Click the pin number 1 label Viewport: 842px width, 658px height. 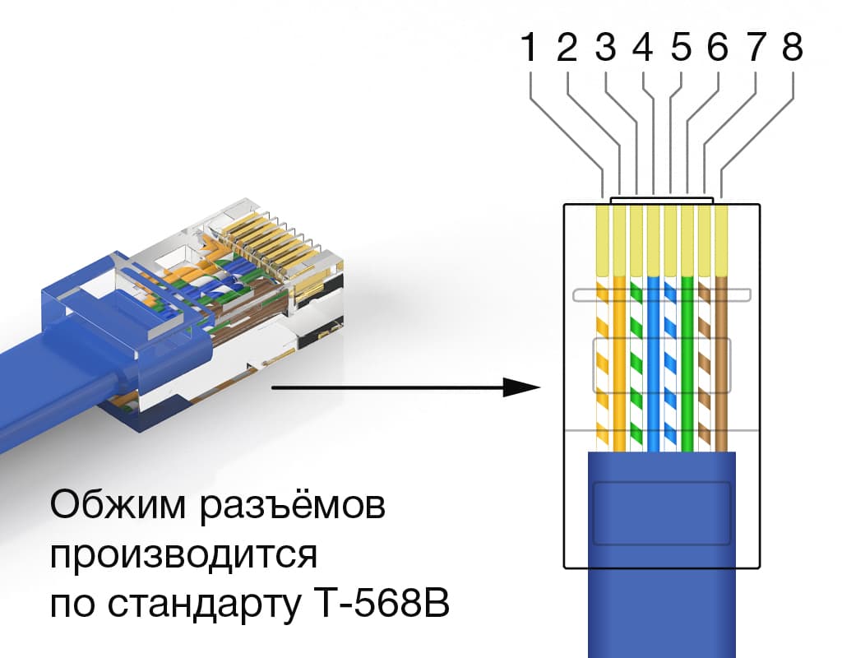[x=530, y=49]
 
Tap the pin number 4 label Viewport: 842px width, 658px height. [x=643, y=49]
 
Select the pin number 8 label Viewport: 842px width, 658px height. [x=792, y=49]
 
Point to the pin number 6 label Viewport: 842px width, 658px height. [x=717, y=49]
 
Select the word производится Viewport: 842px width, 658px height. [x=183, y=557]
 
